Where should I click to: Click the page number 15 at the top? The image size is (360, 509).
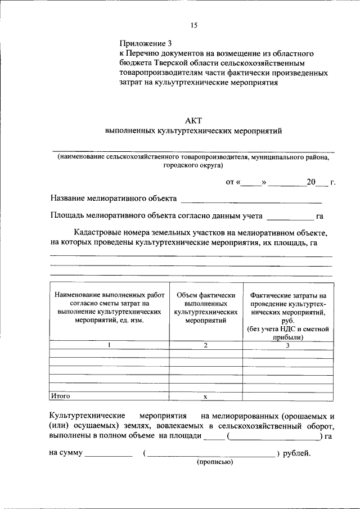click(194, 25)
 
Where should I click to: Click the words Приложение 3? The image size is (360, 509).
click(145, 43)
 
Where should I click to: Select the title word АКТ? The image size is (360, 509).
click(193, 120)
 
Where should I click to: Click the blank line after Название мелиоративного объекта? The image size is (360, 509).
click(251, 199)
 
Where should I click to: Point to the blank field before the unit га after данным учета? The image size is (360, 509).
click(289, 216)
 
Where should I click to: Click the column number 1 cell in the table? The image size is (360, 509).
click(109, 345)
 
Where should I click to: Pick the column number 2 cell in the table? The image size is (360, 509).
click(205, 345)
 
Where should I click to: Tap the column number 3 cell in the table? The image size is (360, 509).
click(287, 345)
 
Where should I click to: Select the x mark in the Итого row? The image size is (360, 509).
click(205, 397)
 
